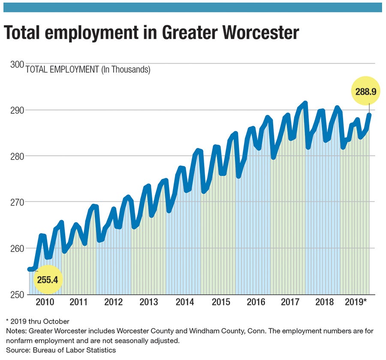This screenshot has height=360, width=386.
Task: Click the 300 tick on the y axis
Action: coord(16,64)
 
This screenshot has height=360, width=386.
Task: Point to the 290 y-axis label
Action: coord(16,110)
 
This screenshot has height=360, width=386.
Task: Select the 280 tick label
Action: coord(16,156)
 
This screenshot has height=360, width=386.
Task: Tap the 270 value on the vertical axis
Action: coord(16,202)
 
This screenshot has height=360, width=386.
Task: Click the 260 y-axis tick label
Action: coord(16,248)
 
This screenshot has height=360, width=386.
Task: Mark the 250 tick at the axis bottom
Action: coord(16,294)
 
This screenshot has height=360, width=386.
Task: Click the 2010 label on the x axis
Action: coord(45,302)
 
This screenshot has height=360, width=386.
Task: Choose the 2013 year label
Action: coord(148,302)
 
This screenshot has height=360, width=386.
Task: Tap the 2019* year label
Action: coord(356,302)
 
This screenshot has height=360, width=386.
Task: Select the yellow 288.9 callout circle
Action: coord(365,91)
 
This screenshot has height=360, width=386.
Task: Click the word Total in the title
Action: coord(27,33)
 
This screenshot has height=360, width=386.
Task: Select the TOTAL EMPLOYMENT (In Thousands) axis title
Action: coord(88,70)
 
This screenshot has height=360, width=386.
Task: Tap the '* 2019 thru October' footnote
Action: coord(38,321)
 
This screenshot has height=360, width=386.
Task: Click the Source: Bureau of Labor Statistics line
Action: coord(61,350)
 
